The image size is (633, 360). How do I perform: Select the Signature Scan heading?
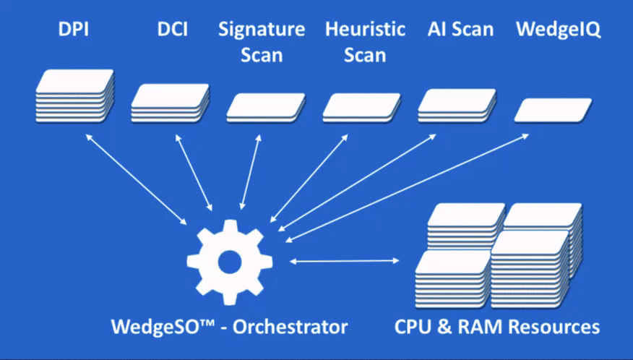pos(262,42)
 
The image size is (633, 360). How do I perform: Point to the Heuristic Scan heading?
pos(365,42)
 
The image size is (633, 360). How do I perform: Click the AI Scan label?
pos(460,30)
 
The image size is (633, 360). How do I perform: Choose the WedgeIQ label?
pos(558,30)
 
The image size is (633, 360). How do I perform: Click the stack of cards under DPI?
pos(75,95)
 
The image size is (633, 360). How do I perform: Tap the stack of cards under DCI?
pos(171,103)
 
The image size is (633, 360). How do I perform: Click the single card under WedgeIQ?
pos(553,110)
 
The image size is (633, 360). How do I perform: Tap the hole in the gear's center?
pos(229,262)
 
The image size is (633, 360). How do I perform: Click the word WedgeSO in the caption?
pos(152,326)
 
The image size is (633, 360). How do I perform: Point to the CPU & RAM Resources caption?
pos(497,326)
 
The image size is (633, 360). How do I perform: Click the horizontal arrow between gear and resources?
pos(345,260)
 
